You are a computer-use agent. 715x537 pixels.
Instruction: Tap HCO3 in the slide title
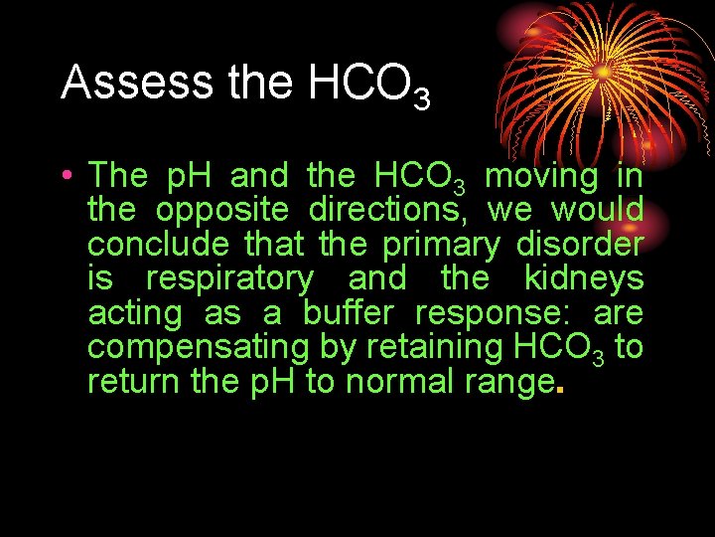(x=368, y=87)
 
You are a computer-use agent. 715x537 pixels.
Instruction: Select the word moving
(x=541, y=176)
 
